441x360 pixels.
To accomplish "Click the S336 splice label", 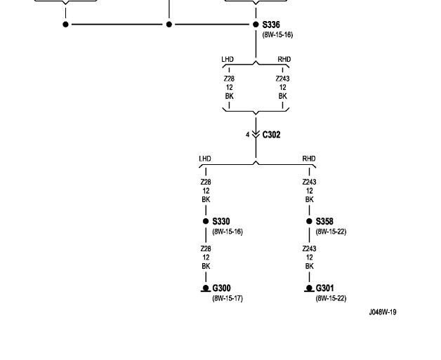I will click(271, 25).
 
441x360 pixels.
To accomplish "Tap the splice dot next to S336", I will click(256, 25).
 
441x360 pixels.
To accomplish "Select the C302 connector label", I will click(271, 135).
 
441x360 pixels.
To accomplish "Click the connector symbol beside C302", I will click(256, 134).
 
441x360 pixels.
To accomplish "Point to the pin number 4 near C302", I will click(247, 135).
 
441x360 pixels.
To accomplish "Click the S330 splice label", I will click(221, 222).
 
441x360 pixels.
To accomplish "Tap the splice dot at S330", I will click(206, 222).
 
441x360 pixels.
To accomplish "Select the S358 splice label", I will click(324, 222).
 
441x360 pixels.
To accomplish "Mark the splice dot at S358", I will click(309, 222).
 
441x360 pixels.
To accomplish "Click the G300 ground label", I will click(221, 288).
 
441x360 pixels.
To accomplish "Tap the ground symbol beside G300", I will click(206, 288).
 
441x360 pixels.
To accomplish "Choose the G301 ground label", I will click(324, 288).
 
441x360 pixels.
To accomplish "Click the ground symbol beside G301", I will click(309, 288).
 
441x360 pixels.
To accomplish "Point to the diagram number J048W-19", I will click(383, 312).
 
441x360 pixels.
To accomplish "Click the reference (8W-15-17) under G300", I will click(228, 298).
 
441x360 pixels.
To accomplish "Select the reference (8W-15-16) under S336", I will click(277, 34).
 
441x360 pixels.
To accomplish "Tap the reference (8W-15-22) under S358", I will click(331, 232).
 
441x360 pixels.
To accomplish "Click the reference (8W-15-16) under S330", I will click(228, 232).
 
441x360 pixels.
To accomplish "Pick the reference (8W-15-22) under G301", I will click(331, 298).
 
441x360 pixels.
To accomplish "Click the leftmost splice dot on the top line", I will click(66, 25).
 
